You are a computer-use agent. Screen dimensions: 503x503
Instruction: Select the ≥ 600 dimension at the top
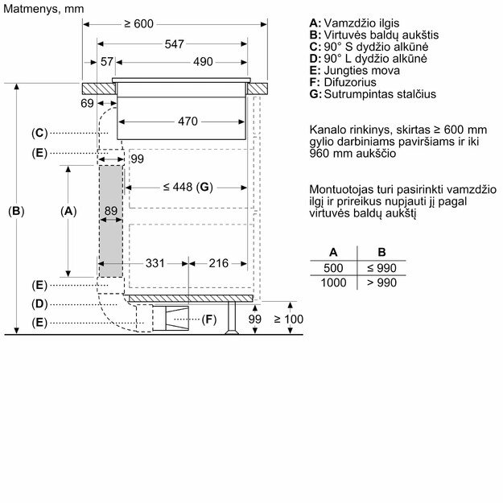pyautogui.click(x=138, y=24)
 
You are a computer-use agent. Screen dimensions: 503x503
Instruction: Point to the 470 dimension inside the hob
pyautogui.click(x=187, y=122)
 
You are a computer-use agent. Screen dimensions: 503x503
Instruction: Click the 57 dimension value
pyautogui.click(x=107, y=62)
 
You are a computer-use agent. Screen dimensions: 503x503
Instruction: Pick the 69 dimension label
pyautogui.click(x=88, y=103)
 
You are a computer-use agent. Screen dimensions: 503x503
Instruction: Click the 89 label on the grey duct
pyautogui.click(x=111, y=210)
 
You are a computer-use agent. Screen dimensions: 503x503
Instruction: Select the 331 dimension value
pyautogui.click(x=155, y=263)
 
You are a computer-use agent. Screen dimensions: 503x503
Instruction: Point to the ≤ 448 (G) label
pyautogui.click(x=187, y=187)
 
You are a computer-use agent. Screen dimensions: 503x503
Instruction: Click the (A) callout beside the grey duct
pyautogui.click(x=68, y=211)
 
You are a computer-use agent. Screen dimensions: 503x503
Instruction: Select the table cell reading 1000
pyautogui.click(x=333, y=282)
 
